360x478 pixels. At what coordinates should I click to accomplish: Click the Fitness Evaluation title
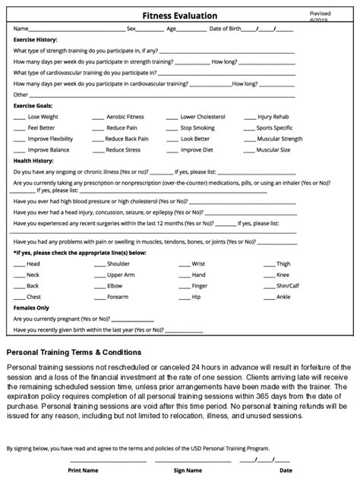(180, 16)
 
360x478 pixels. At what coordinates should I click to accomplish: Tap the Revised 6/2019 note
(321, 17)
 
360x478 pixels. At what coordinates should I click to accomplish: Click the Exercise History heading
(36, 39)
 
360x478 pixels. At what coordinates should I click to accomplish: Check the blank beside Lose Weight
(19, 118)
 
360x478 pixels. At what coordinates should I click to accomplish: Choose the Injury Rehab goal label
(275, 118)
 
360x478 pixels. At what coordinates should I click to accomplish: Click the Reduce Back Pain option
(127, 140)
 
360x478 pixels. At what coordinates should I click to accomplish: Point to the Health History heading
(33, 161)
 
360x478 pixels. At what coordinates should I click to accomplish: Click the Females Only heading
(31, 308)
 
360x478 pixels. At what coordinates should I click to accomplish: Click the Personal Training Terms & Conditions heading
(74, 352)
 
